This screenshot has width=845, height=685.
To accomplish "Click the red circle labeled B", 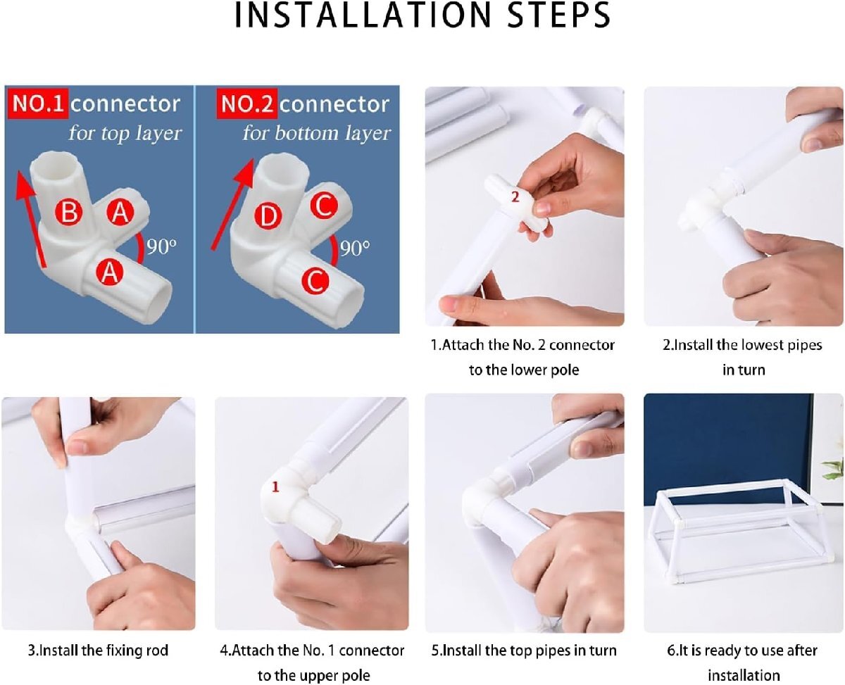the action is click(68, 211).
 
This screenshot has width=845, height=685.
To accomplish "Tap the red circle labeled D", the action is click(268, 217).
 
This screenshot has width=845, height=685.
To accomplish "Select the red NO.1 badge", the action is click(38, 104).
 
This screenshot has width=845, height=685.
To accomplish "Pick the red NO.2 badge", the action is click(246, 104).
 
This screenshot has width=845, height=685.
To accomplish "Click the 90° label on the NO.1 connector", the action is click(161, 246).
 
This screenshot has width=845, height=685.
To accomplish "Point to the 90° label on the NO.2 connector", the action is click(355, 249).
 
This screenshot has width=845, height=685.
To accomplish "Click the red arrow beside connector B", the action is click(30, 219).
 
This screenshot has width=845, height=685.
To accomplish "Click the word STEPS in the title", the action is click(558, 15).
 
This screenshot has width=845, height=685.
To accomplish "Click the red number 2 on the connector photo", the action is click(515, 196).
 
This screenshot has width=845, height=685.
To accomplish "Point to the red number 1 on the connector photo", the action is click(275, 486).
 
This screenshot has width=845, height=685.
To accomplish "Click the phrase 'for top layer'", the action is click(125, 133).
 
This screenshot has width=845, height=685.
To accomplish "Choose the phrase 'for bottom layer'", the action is click(317, 133).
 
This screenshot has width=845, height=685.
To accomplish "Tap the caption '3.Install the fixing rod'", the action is click(98, 651).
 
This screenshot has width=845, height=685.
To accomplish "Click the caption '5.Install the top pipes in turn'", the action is click(524, 651).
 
